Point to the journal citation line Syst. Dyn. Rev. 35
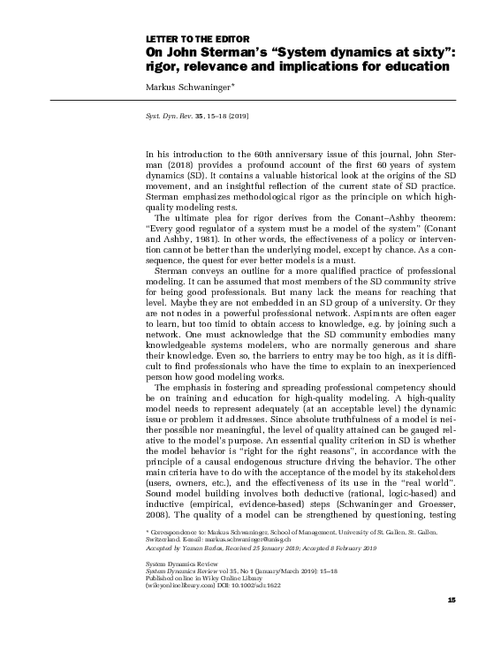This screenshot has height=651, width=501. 191,116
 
